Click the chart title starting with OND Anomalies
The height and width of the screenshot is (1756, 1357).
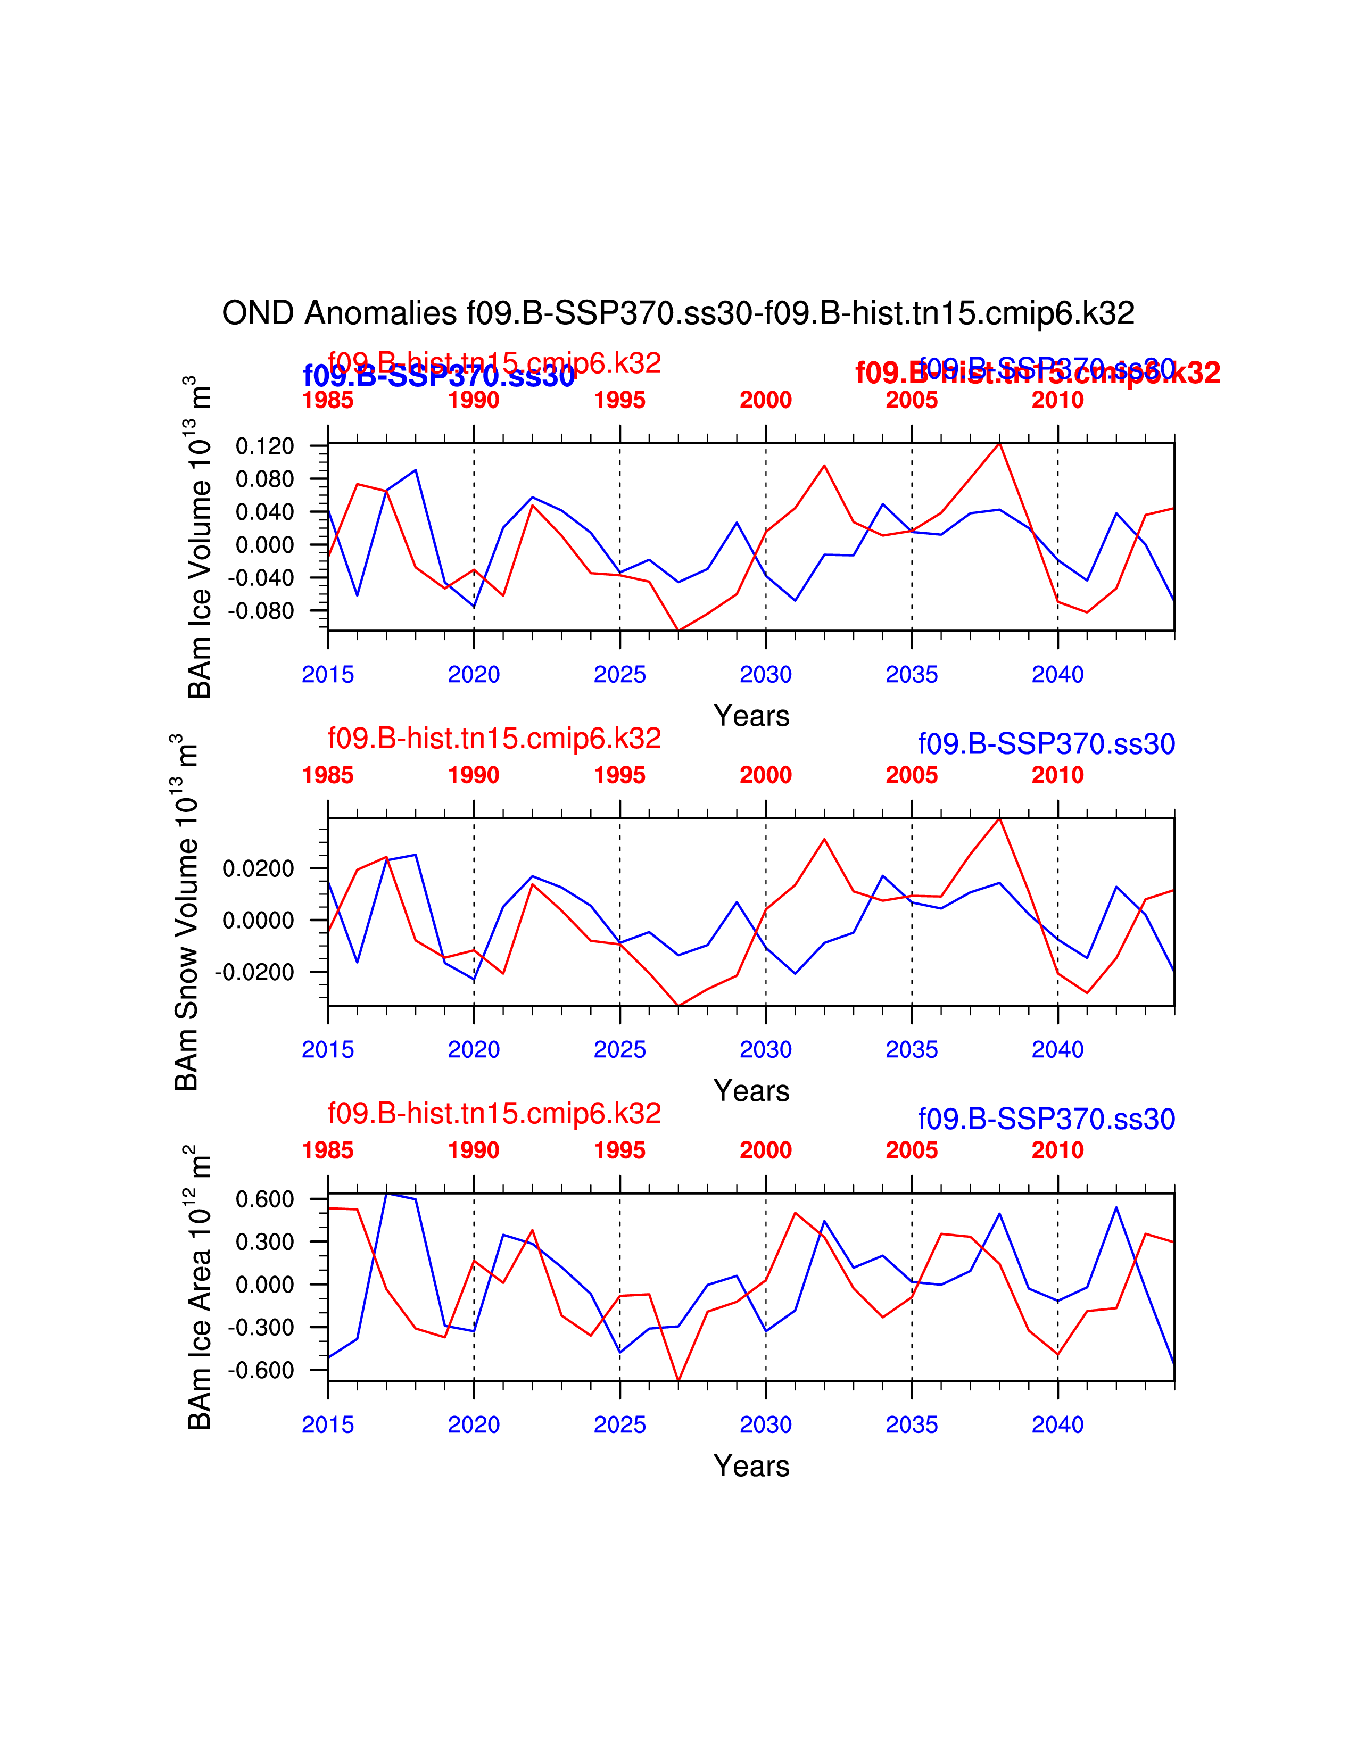click(677, 313)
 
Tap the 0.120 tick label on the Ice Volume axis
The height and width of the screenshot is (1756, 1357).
click(264, 446)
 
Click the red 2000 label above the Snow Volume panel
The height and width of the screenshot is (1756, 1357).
click(765, 775)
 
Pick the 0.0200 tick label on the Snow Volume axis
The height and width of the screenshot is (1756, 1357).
click(258, 868)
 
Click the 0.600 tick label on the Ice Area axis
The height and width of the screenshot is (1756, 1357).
click(264, 1199)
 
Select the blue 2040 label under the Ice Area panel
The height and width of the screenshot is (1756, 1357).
click(1057, 1424)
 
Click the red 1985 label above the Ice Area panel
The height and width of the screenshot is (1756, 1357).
click(327, 1150)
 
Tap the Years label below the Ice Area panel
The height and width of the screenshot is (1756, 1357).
click(751, 1466)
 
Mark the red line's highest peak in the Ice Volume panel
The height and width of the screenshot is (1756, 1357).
click(999, 443)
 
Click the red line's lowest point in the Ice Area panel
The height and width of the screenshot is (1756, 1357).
click(678, 1380)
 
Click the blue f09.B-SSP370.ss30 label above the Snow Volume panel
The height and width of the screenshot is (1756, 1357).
click(1046, 744)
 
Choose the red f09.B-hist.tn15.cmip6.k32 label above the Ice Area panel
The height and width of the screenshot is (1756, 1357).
click(494, 1114)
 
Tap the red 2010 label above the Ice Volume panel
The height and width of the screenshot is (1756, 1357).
click(1057, 400)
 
